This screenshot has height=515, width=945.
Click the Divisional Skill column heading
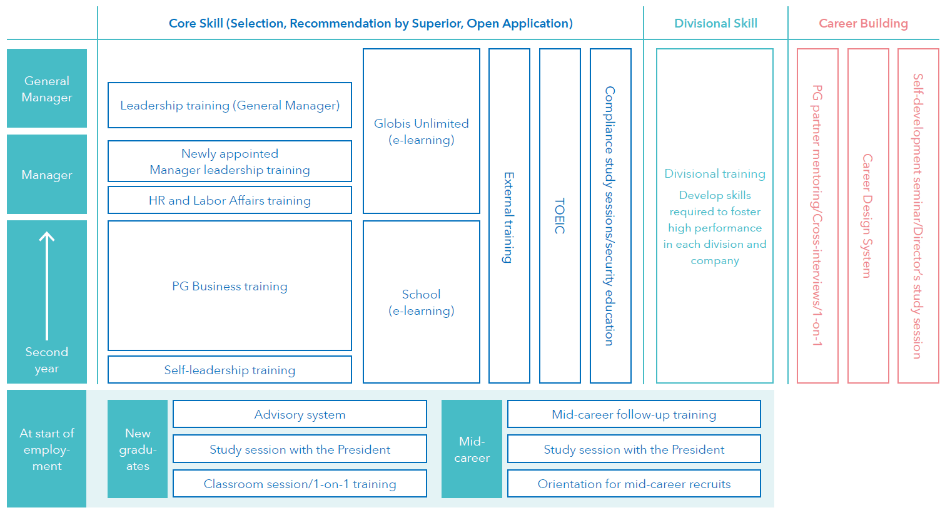[x=715, y=23]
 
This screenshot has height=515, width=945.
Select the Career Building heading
[x=863, y=23]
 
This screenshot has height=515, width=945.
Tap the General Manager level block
[x=47, y=88]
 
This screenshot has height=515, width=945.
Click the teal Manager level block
[x=47, y=175]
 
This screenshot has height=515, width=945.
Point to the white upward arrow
[x=47, y=286]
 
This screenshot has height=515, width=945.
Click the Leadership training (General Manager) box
[x=230, y=105]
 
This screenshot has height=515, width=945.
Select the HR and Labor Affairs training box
[x=230, y=200]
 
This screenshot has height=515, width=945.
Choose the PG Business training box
[x=230, y=286]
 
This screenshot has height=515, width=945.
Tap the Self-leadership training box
[x=230, y=370]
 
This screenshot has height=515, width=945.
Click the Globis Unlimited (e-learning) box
[x=422, y=131]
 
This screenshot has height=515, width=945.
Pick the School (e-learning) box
[x=422, y=302]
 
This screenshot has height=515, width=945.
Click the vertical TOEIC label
[x=560, y=216]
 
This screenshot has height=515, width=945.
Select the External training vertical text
[x=509, y=217]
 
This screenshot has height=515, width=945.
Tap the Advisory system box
[x=300, y=414]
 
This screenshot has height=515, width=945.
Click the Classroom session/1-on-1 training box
[x=300, y=483]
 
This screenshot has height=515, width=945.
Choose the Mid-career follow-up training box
[x=634, y=414]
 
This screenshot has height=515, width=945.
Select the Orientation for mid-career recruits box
[x=634, y=483]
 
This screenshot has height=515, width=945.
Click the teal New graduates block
[x=138, y=449]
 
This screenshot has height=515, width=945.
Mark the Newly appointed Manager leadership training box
[x=230, y=161]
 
